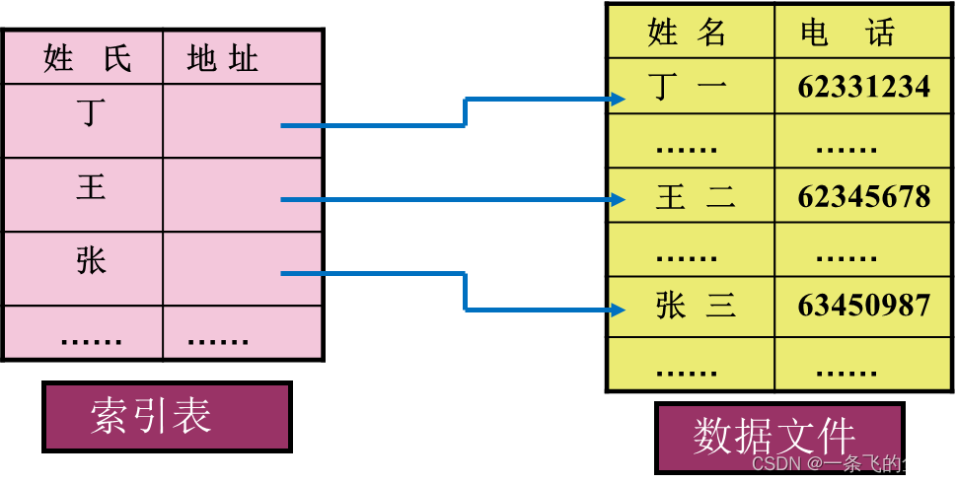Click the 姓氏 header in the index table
point(87,59)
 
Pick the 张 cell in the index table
point(91,261)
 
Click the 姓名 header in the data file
point(688,33)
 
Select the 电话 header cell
point(848,33)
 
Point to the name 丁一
point(691,87)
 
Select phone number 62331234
point(863,87)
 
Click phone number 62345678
point(863,197)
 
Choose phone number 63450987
point(863,307)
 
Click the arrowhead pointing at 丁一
point(618,99)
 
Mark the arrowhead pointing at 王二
point(618,200)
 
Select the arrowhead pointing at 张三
point(618,310)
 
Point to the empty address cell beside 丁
point(242,120)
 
